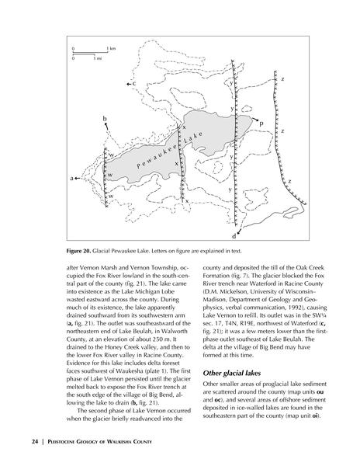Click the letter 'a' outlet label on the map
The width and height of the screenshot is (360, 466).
71,179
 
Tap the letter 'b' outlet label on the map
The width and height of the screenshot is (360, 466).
105,119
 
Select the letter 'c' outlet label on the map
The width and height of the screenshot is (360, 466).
134,84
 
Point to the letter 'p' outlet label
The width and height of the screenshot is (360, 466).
261,123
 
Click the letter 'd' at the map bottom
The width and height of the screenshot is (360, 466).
234,236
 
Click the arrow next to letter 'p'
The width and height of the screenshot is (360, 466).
254,119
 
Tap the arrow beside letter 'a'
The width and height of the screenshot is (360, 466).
78,179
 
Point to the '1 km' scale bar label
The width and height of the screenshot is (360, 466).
111,48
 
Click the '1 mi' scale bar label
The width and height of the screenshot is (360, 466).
97,58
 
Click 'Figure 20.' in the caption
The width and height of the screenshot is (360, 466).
78,251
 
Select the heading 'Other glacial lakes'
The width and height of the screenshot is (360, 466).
232,374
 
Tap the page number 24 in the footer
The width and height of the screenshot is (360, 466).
35,442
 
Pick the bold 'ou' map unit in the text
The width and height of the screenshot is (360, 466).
320,392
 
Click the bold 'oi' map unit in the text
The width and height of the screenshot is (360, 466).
315,416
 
